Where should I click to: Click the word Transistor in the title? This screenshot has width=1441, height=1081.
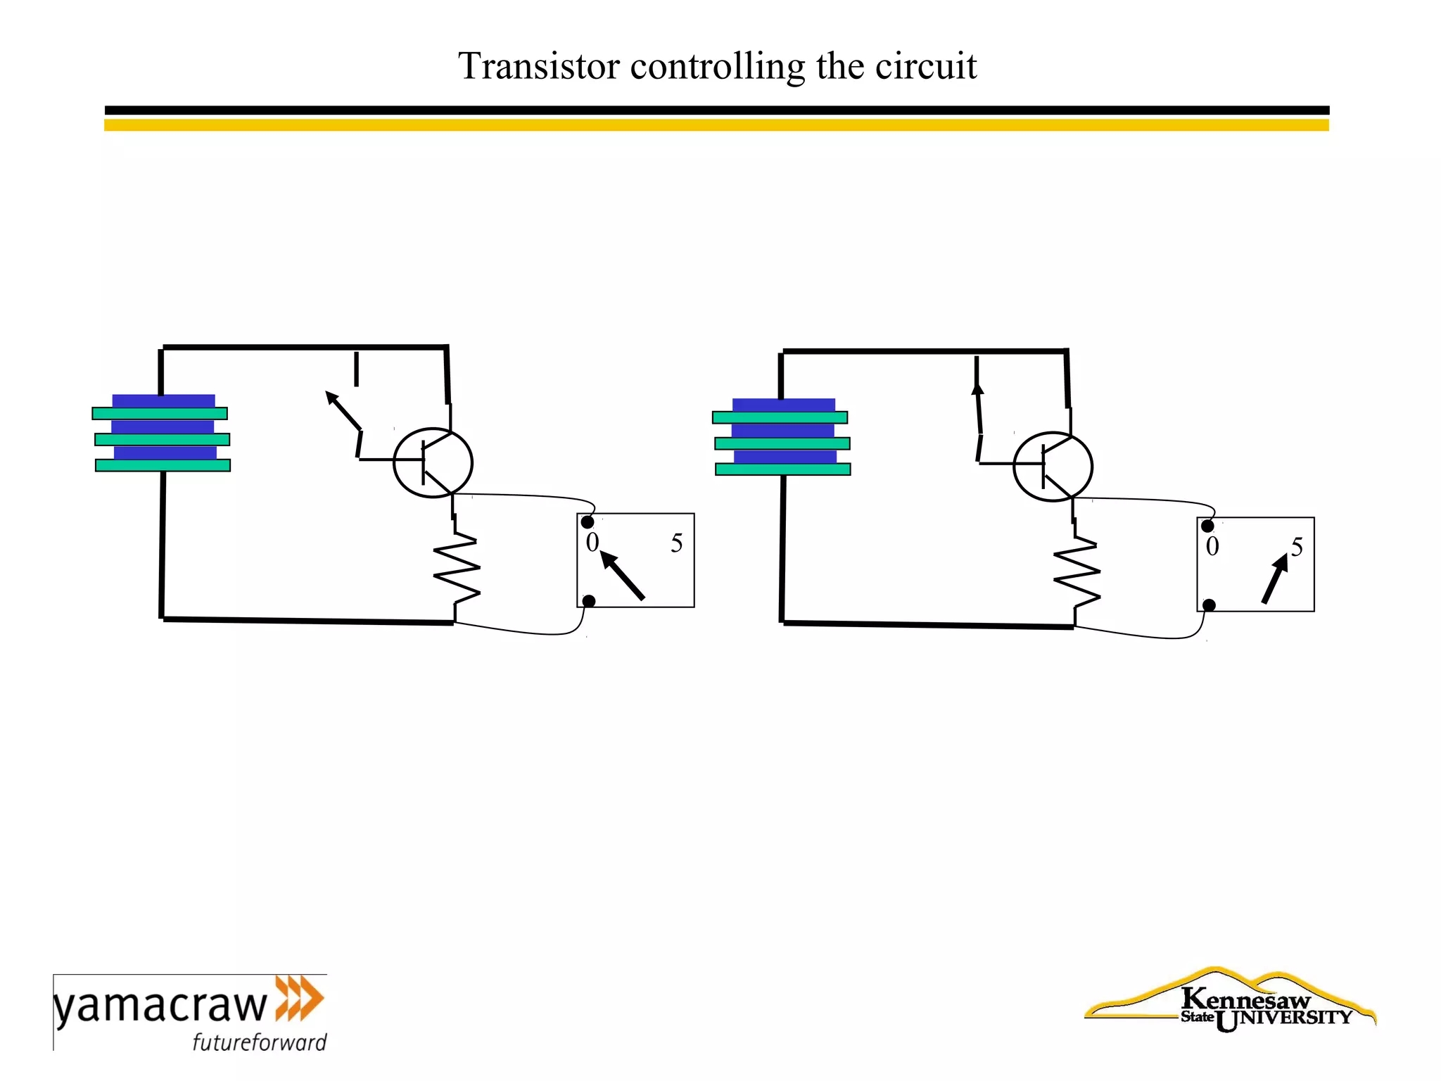(539, 67)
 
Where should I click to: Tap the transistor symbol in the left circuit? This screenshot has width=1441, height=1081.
(433, 462)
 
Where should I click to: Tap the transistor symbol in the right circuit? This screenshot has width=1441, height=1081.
(1053, 467)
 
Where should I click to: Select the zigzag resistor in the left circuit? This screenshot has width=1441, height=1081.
(457, 569)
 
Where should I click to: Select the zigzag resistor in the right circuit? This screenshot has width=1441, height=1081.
(1077, 573)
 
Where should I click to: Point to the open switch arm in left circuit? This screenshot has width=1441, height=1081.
(344, 412)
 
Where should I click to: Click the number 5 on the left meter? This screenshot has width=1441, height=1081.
(676, 543)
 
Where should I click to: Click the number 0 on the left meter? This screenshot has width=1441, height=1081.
(592, 543)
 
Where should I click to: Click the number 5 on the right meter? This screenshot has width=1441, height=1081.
(1297, 547)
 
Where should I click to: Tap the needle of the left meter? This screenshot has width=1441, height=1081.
(623, 576)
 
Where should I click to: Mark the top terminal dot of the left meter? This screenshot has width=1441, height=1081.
(588, 522)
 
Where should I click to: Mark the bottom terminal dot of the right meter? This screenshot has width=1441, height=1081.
(1209, 605)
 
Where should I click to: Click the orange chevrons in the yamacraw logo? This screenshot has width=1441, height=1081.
(299, 998)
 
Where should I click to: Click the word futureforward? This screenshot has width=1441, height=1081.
(260, 1042)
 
